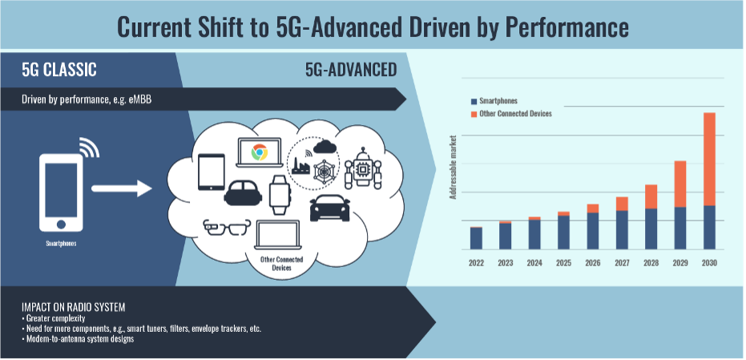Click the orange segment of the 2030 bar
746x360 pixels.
click(709, 159)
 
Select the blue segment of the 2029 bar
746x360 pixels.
click(680, 228)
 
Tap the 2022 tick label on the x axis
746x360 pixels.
click(476, 262)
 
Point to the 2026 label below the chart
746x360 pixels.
click(592, 262)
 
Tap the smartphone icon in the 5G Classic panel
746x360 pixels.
click(62, 190)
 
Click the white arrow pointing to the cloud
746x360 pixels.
click(121, 189)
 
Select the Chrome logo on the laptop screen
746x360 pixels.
click(258, 152)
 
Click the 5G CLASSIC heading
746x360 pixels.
click(59, 71)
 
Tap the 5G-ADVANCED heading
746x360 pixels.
click(351, 71)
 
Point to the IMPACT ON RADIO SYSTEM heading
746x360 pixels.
click(73, 307)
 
